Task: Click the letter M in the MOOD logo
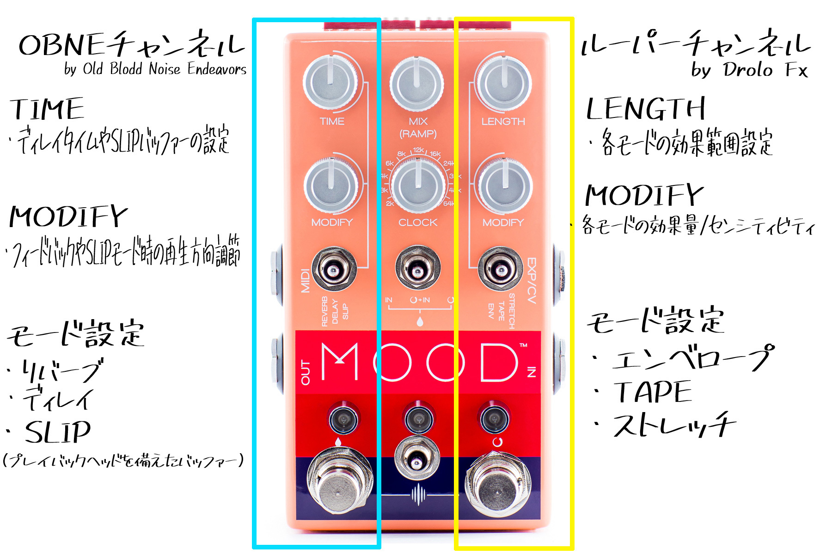click(340, 362)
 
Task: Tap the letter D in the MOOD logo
click(499, 362)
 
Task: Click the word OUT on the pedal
click(306, 372)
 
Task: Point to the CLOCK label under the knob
click(418, 222)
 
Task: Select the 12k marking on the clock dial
click(418, 150)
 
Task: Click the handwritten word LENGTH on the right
click(645, 109)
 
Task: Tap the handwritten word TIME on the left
click(47, 109)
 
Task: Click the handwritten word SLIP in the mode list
click(58, 432)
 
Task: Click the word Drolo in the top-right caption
click(748, 70)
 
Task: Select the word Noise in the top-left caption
click(165, 69)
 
